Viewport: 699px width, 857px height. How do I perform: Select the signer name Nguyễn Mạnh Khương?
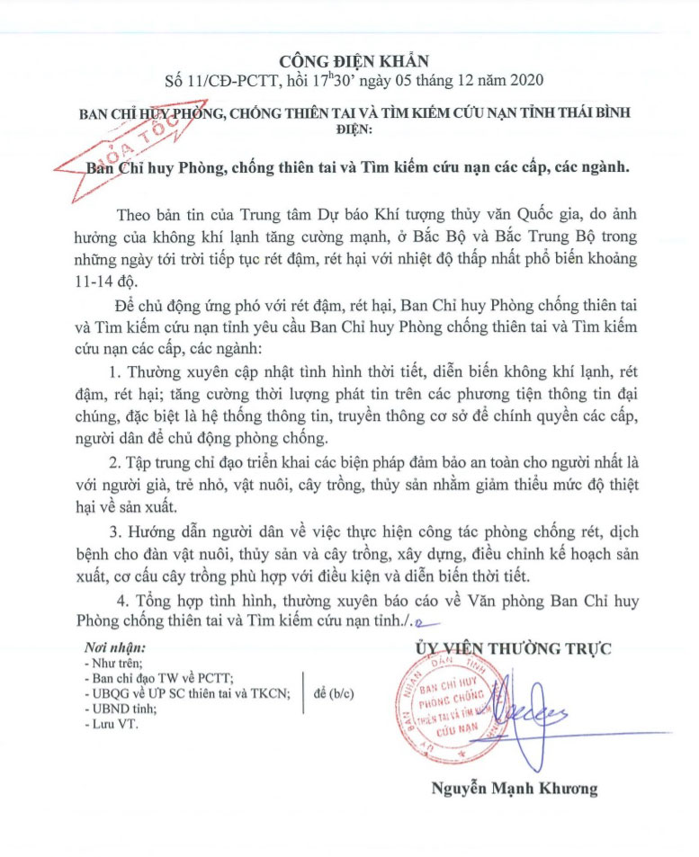click(507, 789)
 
